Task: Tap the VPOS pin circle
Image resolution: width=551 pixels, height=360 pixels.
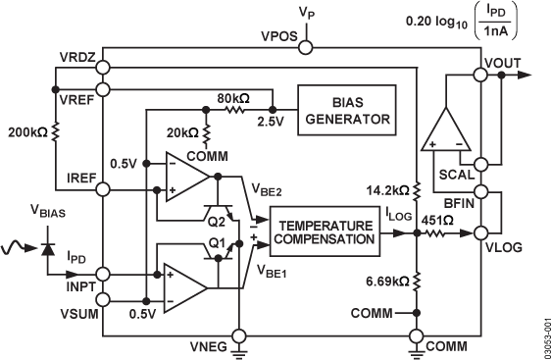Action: pos(306,47)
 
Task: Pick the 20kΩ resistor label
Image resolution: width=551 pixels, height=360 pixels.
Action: pos(182,130)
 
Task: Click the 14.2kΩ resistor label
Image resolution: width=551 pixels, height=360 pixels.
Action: pos(386,188)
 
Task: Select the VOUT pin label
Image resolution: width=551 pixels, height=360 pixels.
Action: pos(503,61)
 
